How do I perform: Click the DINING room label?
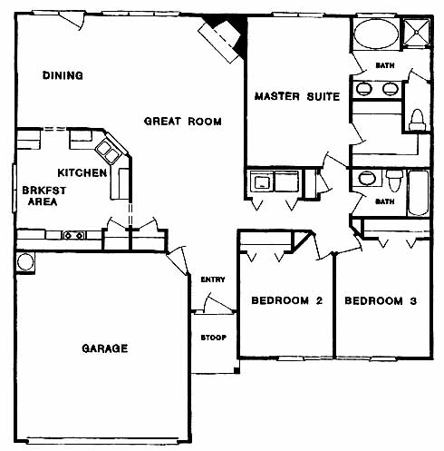[63, 75]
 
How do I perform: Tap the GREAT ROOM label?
[183, 122]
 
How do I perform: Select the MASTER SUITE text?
[297, 96]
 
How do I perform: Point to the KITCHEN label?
[82, 172]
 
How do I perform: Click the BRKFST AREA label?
[43, 196]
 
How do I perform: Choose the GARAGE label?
[105, 348]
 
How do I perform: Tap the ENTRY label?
[213, 279]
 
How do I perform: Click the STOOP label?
[214, 338]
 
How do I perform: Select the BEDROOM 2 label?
[287, 300]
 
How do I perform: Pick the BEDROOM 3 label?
[381, 300]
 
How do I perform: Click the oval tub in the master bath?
[376, 34]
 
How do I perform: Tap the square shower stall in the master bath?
[417, 32]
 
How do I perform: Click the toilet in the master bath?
[417, 120]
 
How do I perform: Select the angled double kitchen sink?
[108, 151]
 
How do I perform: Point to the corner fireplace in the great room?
[225, 38]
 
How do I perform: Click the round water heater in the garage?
[25, 262]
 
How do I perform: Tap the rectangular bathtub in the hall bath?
[419, 193]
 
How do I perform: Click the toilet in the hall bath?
[394, 180]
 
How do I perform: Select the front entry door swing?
[218, 302]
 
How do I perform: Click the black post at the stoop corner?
[236, 370]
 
